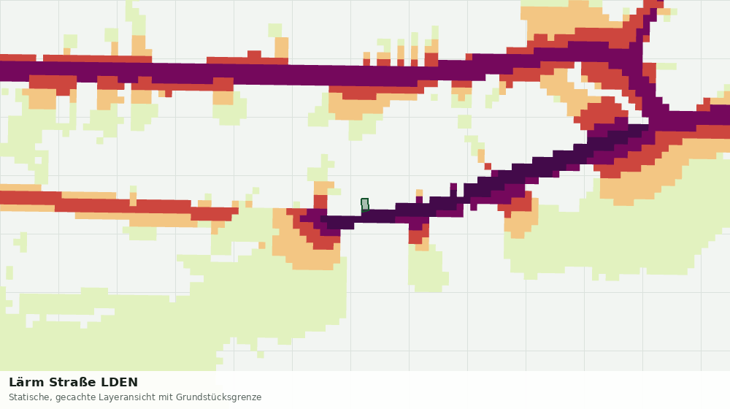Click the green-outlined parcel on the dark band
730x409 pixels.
[365, 205]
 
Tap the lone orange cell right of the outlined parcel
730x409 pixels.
[419, 193]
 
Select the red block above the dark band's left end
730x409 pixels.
[320, 202]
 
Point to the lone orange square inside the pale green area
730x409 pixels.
[261, 245]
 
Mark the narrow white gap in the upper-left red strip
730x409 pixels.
[39, 58]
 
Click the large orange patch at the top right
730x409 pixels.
[568, 20]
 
